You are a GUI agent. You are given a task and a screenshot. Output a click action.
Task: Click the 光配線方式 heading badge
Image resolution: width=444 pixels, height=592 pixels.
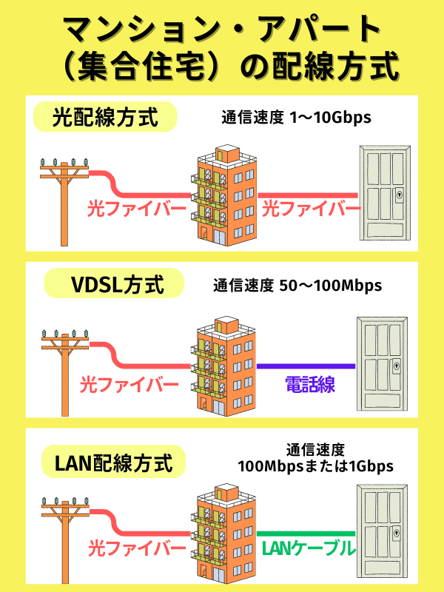click(106, 117)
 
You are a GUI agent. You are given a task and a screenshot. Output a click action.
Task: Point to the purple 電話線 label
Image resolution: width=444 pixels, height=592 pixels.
click(309, 384)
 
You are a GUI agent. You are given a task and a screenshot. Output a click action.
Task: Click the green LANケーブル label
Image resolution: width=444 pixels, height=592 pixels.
click(309, 548)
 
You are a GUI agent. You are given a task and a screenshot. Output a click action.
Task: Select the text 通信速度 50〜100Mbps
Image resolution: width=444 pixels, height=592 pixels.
click(298, 285)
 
